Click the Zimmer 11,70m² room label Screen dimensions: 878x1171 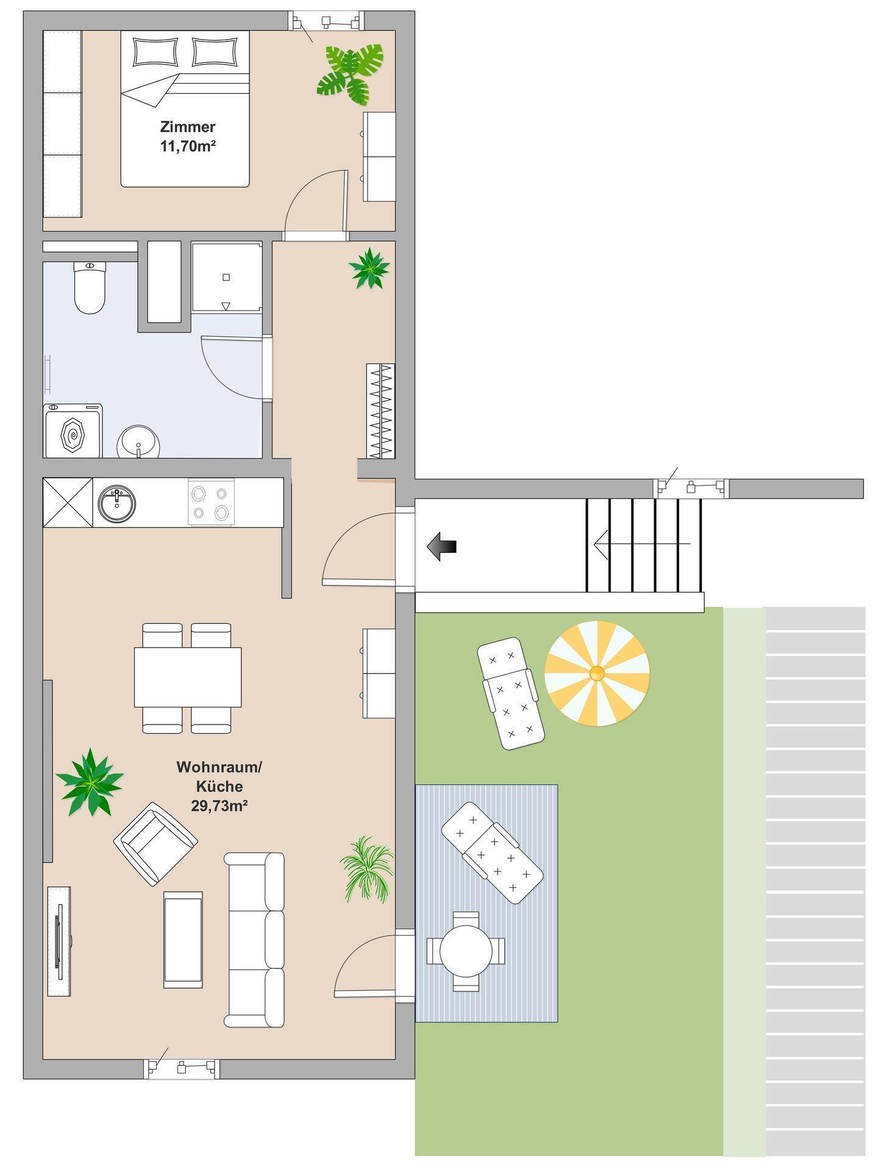click(x=188, y=136)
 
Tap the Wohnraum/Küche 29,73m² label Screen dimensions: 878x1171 click(x=219, y=786)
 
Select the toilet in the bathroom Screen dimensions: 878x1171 click(x=90, y=287)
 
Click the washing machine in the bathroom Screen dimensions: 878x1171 click(x=73, y=431)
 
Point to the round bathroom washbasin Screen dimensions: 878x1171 click(x=138, y=442)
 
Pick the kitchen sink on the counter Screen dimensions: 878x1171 click(x=116, y=503)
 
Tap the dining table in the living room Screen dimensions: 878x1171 click(x=188, y=677)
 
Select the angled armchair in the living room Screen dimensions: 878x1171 click(x=155, y=843)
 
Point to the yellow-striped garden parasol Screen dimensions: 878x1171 click(x=597, y=673)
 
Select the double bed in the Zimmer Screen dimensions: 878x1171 click(x=185, y=109)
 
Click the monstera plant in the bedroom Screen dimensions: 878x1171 click(x=350, y=73)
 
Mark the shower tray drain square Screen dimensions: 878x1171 click(x=226, y=278)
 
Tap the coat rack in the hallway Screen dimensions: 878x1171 click(x=380, y=411)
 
